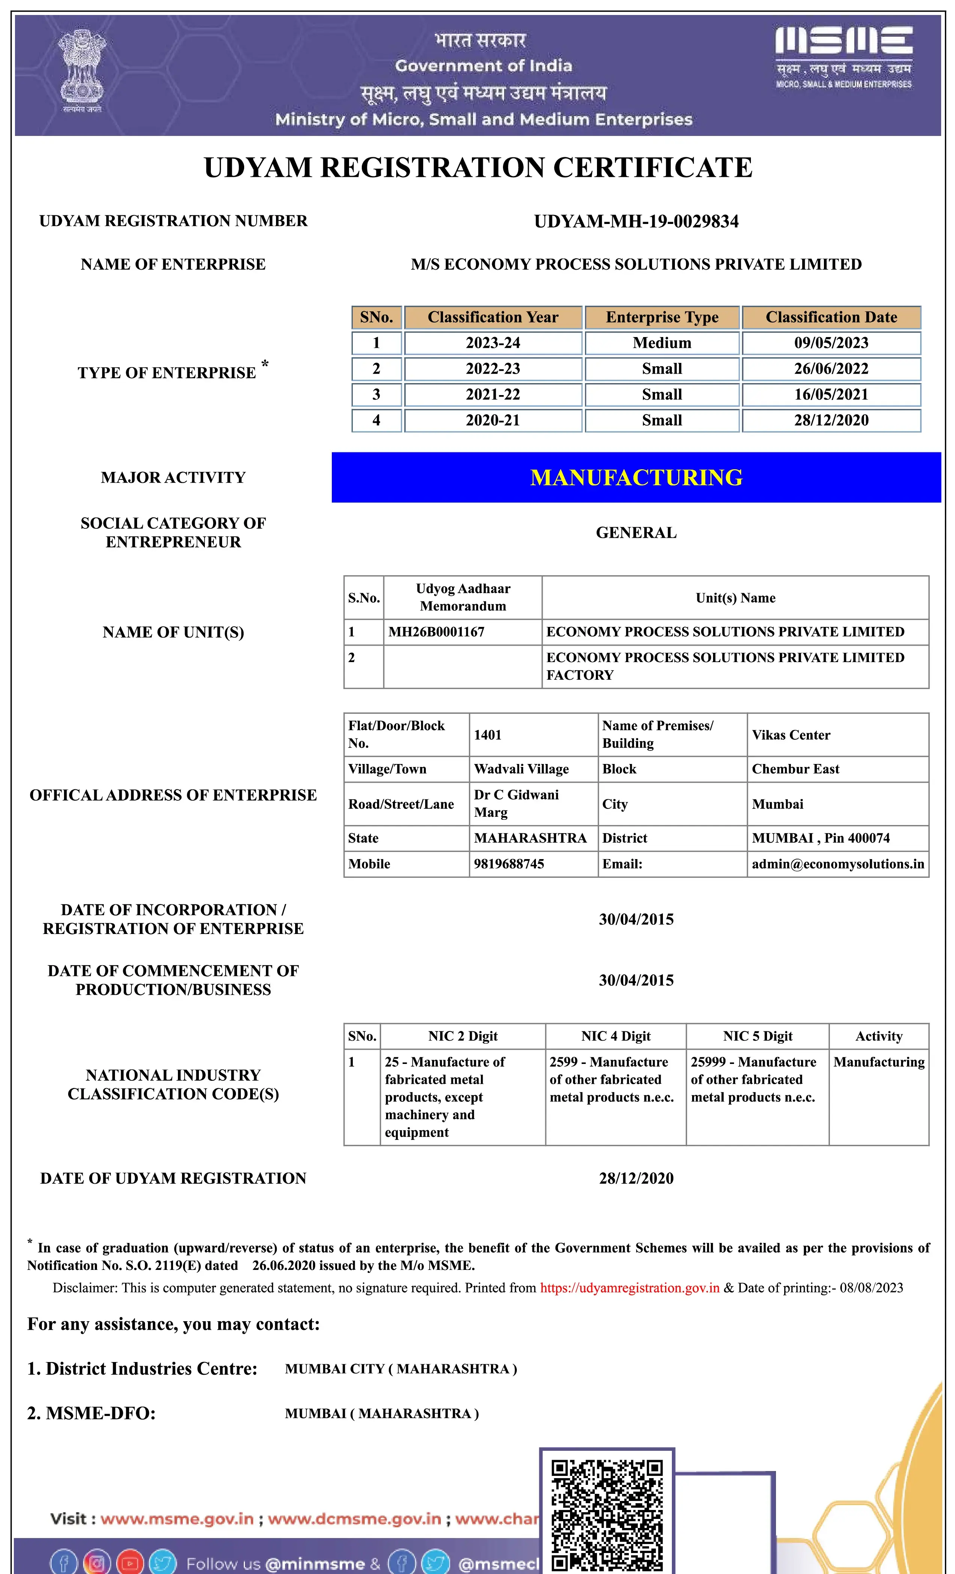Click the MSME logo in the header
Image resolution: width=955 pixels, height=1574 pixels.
[844, 56]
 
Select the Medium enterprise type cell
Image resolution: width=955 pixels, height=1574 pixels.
[662, 343]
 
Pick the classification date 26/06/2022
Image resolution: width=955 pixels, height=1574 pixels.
[831, 369]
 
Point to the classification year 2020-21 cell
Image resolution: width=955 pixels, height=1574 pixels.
[492, 420]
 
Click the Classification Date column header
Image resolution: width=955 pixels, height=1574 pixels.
[831, 318]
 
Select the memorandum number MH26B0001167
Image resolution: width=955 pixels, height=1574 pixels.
[436, 632]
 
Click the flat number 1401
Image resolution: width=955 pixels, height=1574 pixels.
[488, 735]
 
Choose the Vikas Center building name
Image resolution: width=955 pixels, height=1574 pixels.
[791, 735]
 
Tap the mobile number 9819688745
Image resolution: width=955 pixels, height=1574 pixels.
[509, 864]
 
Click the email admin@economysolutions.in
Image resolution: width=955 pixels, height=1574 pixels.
[837, 864]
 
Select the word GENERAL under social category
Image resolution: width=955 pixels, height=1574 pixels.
[636, 533]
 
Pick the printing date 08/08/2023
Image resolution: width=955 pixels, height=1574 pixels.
[871, 1288]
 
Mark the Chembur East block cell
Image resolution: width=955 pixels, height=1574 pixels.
[795, 769]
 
